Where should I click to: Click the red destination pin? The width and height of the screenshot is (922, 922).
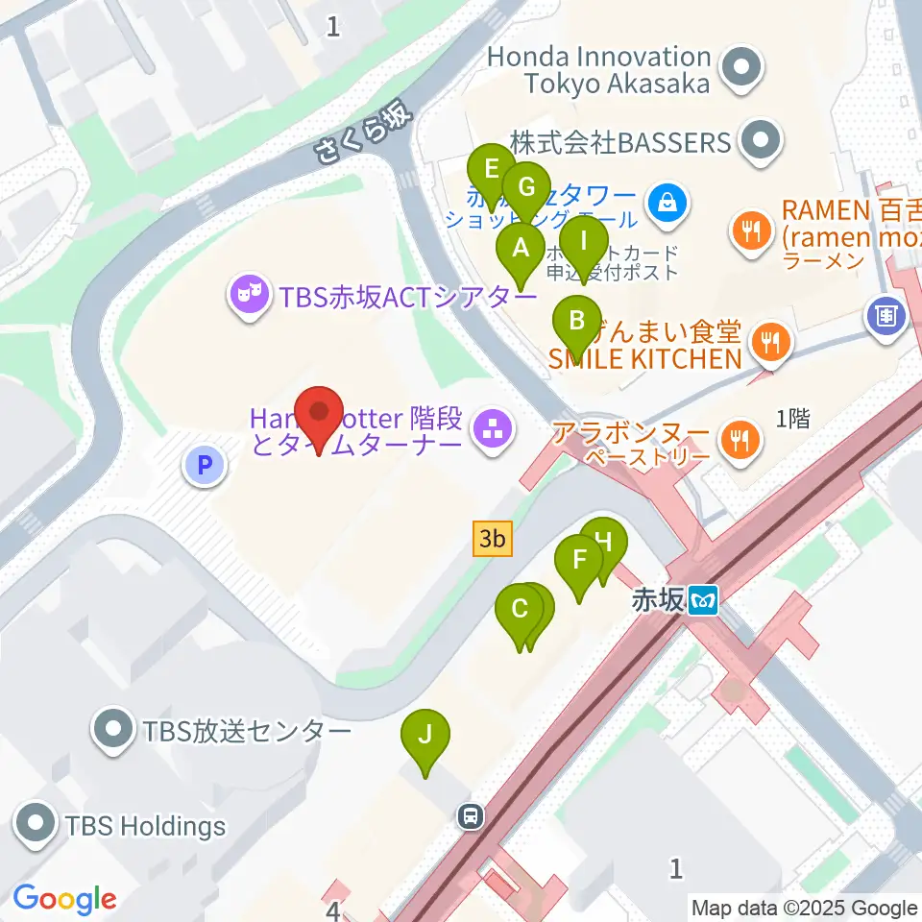click(319, 416)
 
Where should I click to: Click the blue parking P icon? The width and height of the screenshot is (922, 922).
click(204, 467)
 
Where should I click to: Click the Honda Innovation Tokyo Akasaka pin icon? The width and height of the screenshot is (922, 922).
click(741, 69)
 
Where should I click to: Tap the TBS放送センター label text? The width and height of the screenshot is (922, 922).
click(247, 732)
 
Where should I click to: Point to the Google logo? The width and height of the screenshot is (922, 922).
click(64, 899)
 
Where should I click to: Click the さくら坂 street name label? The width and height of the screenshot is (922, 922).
click(364, 135)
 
